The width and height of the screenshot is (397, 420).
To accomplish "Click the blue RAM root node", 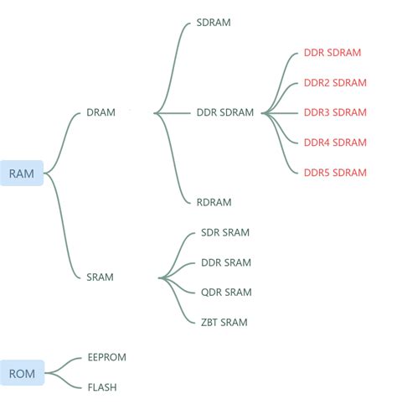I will point(22,174).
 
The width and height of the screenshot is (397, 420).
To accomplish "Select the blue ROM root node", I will point(22,374).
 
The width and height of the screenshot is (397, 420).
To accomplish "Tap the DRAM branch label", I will point(101,112).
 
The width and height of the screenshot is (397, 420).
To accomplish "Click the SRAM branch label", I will point(100,277).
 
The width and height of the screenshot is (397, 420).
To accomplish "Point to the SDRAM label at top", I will point(213,23).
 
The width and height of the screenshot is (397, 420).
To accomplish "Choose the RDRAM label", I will point(214,202).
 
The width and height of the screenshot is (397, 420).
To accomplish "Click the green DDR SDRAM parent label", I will point(224,112).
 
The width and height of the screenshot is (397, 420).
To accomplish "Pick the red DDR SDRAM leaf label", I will point(333,53).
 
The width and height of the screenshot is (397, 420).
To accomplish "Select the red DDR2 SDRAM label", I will point(335,83).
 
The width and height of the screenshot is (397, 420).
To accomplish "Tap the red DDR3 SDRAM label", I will point(335,112).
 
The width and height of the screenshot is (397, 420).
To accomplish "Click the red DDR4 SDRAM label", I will point(335,143).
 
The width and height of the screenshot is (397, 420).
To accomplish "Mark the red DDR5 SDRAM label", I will point(335,173).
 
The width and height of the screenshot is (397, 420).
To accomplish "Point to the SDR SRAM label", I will point(225,232).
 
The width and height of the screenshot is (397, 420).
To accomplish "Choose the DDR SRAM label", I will point(225,262).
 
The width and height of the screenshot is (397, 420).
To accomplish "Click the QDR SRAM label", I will point(225,292).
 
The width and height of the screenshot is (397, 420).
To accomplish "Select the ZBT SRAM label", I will point(224,322).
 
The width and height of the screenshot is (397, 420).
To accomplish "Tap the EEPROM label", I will point(106,357).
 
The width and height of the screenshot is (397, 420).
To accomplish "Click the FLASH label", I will point(102,387).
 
